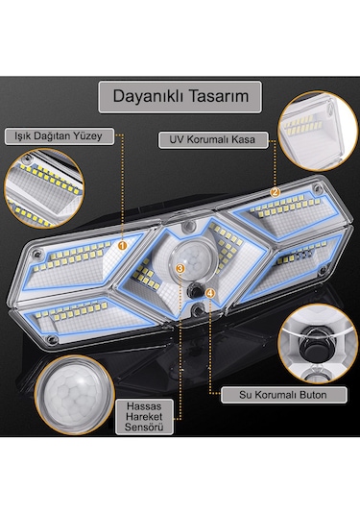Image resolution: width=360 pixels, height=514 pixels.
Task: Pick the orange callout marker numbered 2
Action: (275, 191)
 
